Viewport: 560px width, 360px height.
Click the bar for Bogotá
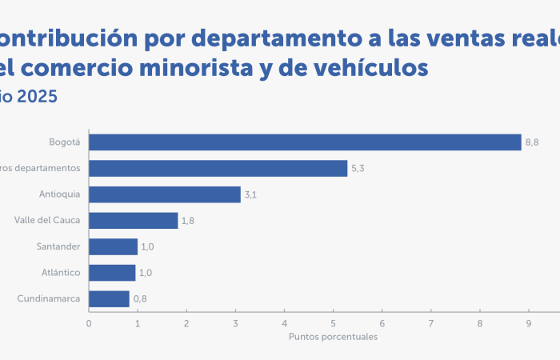point(304,142)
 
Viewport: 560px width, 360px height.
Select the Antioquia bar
point(164,194)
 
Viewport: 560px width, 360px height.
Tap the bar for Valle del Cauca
point(133,220)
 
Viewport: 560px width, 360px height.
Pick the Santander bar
point(113,246)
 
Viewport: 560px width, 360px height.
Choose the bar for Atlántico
point(112,273)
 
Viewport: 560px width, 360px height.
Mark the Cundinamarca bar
point(109,298)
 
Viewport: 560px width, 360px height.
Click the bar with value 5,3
point(218,168)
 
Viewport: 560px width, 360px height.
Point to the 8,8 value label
point(532,142)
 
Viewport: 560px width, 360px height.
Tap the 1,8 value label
point(188,221)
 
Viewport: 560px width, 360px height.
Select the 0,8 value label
point(140,299)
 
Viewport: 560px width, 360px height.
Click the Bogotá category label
point(65,142)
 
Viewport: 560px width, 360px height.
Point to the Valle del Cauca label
point(47,220)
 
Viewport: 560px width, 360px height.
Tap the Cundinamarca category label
point(49,298)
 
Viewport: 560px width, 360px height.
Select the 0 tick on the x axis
point(89,323)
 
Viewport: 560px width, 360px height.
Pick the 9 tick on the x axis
point(529,323)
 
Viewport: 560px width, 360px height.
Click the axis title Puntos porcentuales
point(333,337)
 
